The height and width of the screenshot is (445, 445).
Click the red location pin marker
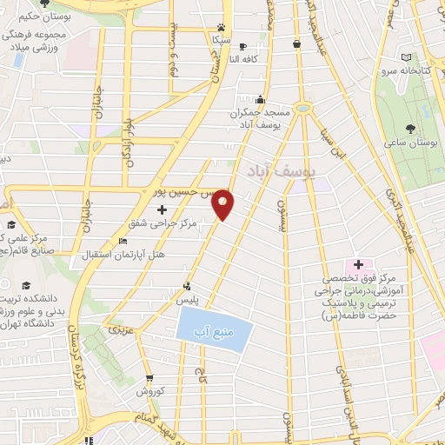click(223, 203)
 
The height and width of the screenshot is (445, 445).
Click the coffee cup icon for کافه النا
click(242, 46)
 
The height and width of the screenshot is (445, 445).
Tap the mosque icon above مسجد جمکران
click(260, 99)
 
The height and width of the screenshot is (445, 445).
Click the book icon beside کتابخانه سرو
click(405, 57)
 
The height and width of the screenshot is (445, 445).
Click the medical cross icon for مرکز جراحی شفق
click(162, 209)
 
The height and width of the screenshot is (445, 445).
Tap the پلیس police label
click(201, 299)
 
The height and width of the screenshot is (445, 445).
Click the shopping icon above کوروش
click(150, 378)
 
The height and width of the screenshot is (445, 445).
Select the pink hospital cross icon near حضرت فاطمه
click(358, 264)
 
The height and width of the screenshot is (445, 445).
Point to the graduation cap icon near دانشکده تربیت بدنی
click(25, 286)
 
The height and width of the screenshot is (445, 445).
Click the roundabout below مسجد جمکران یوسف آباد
click(302, 108)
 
